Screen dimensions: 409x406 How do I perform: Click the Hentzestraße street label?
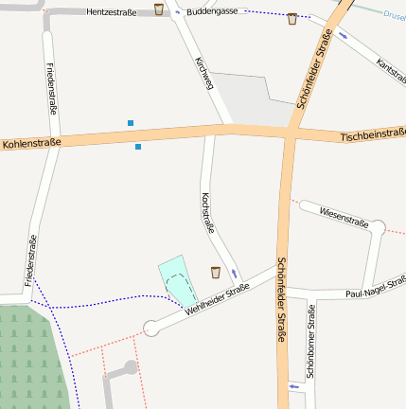pos(112,13)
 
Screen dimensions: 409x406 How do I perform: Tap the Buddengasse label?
pos(213,12)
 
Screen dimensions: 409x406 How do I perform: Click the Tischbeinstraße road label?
pos(372,138)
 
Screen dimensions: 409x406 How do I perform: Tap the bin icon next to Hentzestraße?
pos(158,9)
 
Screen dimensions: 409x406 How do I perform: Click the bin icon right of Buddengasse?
pos(291,18)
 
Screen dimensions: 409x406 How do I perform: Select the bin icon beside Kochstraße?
pos(216,273)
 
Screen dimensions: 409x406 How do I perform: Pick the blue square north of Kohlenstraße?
pos(131,122)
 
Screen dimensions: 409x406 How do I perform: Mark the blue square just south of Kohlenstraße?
pos(138,147)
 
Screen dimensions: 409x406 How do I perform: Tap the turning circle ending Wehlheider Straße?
pos(150,329)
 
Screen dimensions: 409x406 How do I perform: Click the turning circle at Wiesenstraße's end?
pos(378,227)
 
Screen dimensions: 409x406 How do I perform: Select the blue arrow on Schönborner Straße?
pos(293,387)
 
